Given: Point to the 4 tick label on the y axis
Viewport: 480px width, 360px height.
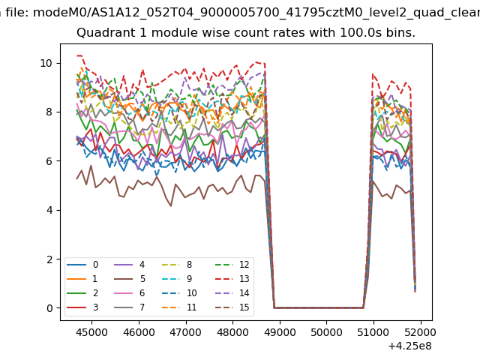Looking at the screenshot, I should [x=50, y=210].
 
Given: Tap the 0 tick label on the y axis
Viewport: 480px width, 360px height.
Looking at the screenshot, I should [x=50, y=308].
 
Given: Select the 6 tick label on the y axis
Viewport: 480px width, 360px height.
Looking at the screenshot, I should [x=50, y=161].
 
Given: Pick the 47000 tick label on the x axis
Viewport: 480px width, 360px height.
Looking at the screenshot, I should [x=185, y=331].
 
